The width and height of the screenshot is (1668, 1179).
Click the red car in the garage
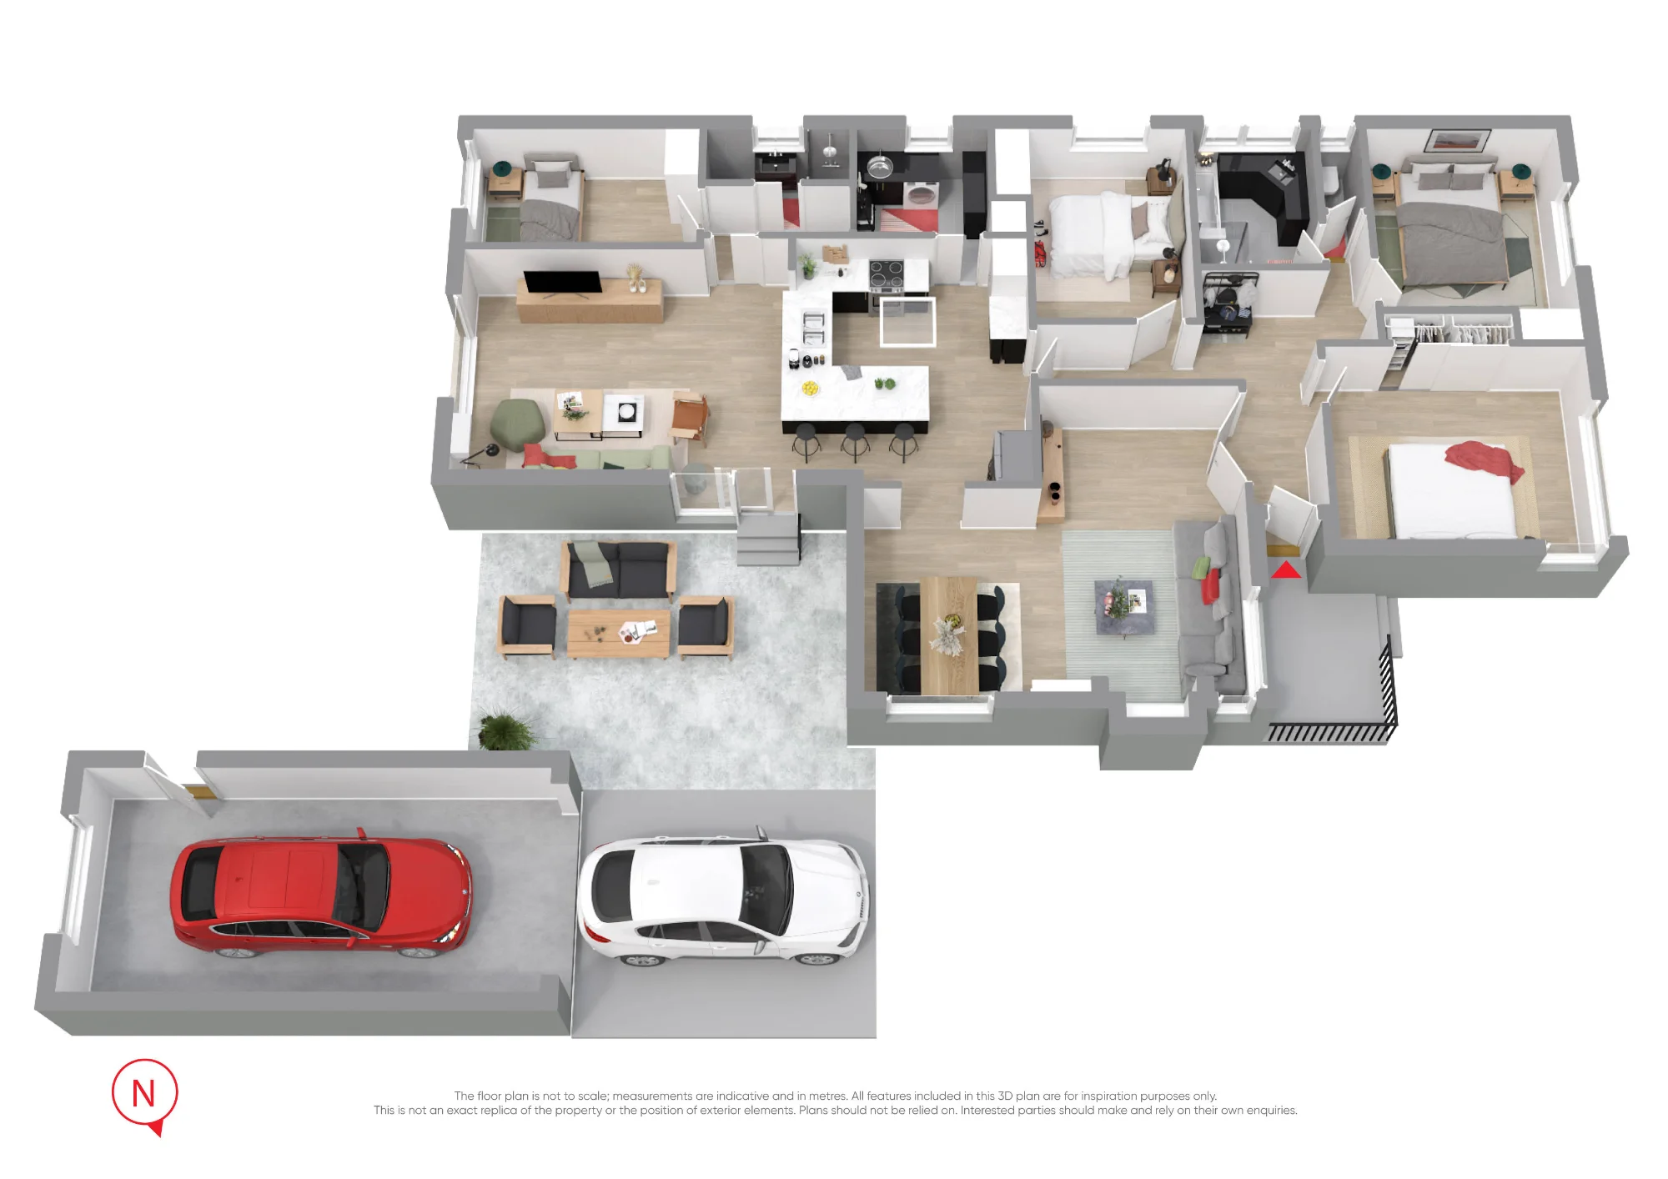tap(321, 897)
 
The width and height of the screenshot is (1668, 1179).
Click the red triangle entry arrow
tap(1286, 570)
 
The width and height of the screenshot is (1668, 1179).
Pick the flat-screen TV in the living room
tap(562, 283)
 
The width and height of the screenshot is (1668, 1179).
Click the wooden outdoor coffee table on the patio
tap(619, 633)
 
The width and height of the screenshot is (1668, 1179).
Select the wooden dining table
tap(949, 634)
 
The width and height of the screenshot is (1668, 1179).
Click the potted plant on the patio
tap(504, 730)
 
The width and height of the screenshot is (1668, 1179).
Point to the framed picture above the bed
tap(1457, 140)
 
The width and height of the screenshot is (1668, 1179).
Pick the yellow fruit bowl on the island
tap(810, 388)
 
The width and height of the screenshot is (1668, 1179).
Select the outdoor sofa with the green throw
tap(618, 569)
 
